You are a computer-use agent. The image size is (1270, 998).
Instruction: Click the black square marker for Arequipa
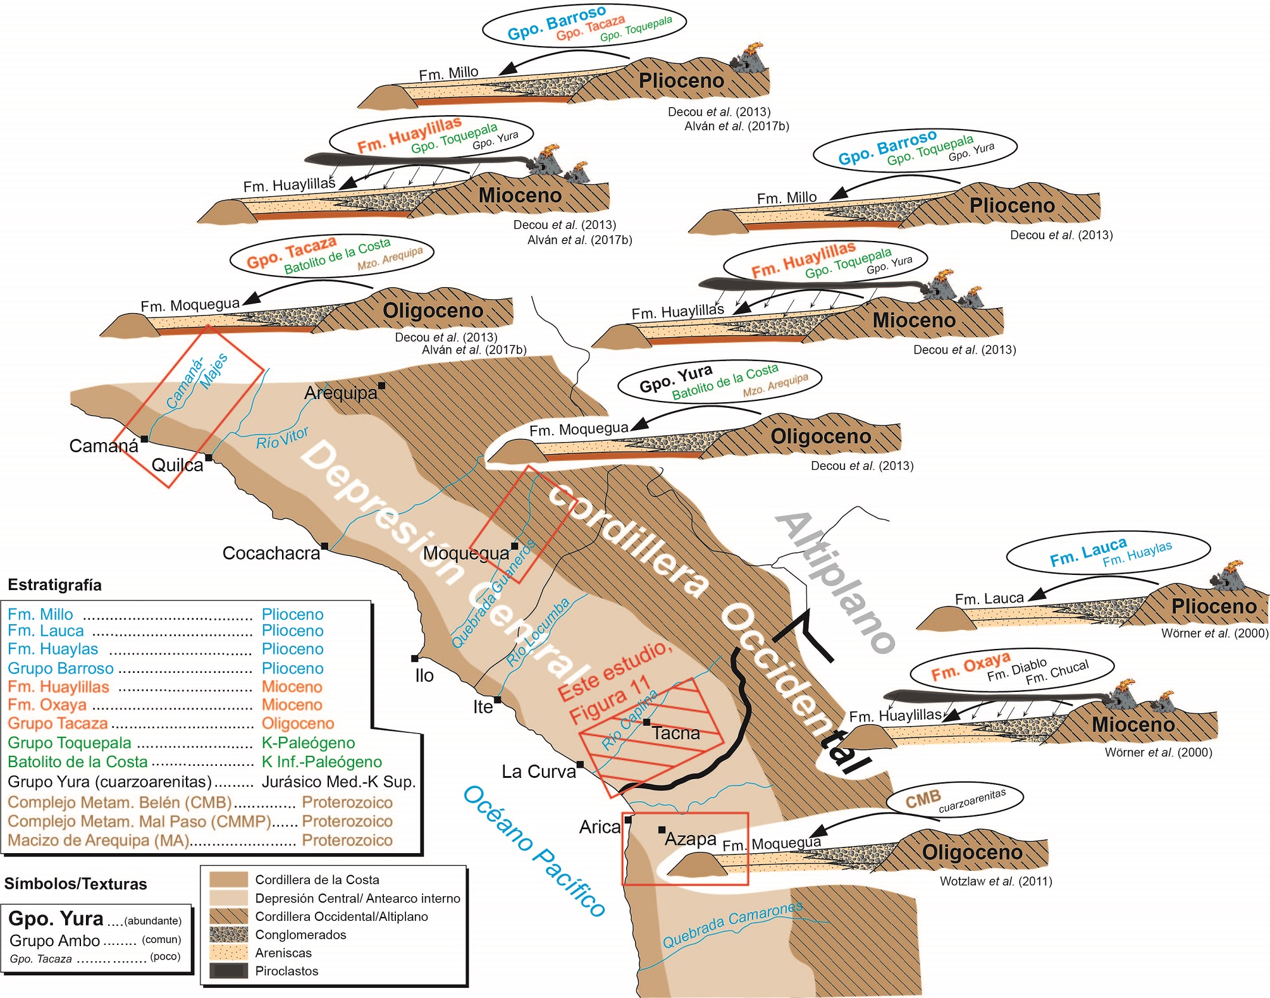pyautogui.click(x=382, y=385)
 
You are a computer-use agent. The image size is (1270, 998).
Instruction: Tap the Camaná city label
pyautogui.click(x=103, y=447)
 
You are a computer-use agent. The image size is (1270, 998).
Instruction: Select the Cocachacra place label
pyautogui.click(x=271, y=553)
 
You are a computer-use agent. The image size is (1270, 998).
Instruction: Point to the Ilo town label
pyautogui.click(x=424, y=675)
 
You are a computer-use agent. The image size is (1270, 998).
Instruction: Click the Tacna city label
pyautogui.click(x=676, y=734)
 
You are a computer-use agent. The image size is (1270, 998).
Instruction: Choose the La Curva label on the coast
pyautogui.click(x=539, y=772)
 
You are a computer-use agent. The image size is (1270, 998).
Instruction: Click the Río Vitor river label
pyautogui.click(x=282, y=438)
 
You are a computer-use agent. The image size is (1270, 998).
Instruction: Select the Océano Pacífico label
pyautogui.click(x=534, y=851)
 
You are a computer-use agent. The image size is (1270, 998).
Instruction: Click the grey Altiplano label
pyautogui.click(x=835, y=582)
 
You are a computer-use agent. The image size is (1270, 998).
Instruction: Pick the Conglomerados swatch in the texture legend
pyautogui.click(x=228, y=935)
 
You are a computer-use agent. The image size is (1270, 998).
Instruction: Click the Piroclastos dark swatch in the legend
pyautogui.click(x=228, y=971)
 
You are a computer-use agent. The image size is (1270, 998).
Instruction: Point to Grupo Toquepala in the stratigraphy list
pyautogui.click(x=70, y=743)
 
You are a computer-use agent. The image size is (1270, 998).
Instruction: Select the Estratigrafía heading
pyautogui.click(x=54, y=585)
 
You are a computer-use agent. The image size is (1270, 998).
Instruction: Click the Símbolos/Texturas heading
pyautogui.click(x=75, y=884)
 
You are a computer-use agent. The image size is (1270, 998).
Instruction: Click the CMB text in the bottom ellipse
pyautogui.click(x=923, y=799)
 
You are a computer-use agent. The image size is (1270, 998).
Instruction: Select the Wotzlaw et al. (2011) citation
pyautogui.click(x=996, y=881)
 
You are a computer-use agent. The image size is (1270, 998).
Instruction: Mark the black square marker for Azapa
pyautogui.click(x=662, y=830)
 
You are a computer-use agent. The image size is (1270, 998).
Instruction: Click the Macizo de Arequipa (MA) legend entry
pyautogui.click(x=99, y=841)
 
